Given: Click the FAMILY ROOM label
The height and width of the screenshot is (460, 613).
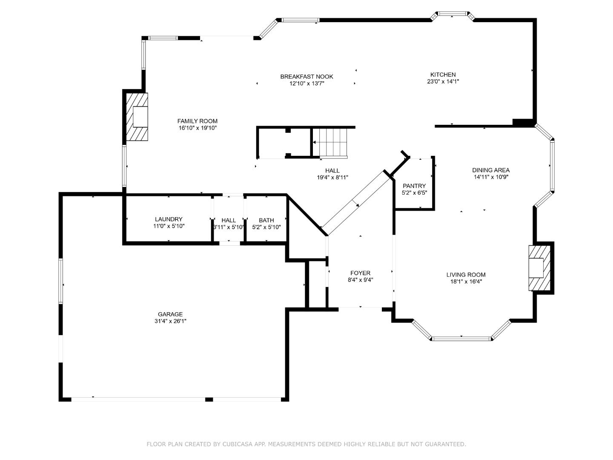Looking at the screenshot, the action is (x=197, y=121).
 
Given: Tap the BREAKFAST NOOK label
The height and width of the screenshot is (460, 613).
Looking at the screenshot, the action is (x=306, y=77).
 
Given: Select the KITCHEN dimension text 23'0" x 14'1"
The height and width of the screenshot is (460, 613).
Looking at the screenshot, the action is (x=443, y=81).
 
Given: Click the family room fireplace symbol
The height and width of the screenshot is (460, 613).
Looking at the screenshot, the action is (x=137, y=117).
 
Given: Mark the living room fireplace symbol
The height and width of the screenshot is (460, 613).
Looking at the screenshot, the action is (x=539, y=268).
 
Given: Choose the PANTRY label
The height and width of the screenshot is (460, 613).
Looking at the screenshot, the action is (x=414, y=186).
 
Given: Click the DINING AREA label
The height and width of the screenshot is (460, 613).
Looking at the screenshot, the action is (x=491, y=170).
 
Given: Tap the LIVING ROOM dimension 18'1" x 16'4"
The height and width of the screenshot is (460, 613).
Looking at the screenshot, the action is (x=466, y=282).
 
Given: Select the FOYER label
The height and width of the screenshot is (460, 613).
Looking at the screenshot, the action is (x=360, y=273).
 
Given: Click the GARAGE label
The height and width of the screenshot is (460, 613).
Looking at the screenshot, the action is (x=170, y=314).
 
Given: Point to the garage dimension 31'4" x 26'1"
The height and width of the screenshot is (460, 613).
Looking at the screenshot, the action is (x=170, y=321).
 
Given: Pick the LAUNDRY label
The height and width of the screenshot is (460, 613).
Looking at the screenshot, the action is (x=169, y=219).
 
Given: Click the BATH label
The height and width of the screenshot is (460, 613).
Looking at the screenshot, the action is (x=266, y=220).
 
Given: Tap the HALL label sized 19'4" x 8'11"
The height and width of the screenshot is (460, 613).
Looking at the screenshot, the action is (x=332, y=171).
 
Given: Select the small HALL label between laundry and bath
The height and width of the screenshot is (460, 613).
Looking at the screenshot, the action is (x=229, y=220).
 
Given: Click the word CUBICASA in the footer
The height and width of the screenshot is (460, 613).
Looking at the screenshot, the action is (x=235, y=444).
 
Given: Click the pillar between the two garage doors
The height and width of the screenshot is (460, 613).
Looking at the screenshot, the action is (x=209, y=400).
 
